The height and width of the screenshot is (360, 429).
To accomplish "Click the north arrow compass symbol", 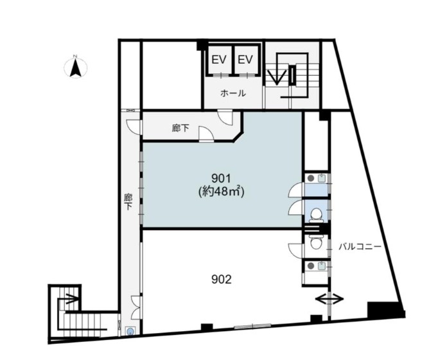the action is [x=76, y=67].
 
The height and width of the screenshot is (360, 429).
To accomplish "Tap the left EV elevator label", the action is [x=220, y=59].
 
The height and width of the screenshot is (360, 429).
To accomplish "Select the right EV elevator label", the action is [x=245, y=59].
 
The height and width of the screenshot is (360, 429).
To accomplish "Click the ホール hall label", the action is [x=233, y=93].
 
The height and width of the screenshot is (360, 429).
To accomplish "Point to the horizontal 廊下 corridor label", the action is [x=180, y=128].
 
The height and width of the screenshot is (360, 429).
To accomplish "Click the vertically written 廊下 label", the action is [x=128, y=202].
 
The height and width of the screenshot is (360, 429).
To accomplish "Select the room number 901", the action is [x=221, y=179].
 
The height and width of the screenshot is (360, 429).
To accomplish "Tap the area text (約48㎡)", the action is [x=221, y=192].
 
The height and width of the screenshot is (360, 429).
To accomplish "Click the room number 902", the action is [x=222, y=280].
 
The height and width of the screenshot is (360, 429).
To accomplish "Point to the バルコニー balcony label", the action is [x=360, y=247].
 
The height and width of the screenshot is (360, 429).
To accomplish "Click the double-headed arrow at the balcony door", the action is [x=329, y=299].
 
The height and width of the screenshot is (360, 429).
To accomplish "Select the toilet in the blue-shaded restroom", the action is [x=317, y=214].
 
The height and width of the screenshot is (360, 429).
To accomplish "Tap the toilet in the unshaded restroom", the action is [x=316, y=242].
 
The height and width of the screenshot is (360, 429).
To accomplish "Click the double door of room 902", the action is [x=136, y=307].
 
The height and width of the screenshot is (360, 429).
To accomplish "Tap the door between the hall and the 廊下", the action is [x=224, y=116].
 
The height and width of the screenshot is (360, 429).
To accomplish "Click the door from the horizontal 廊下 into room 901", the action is [x=206, y=134].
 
